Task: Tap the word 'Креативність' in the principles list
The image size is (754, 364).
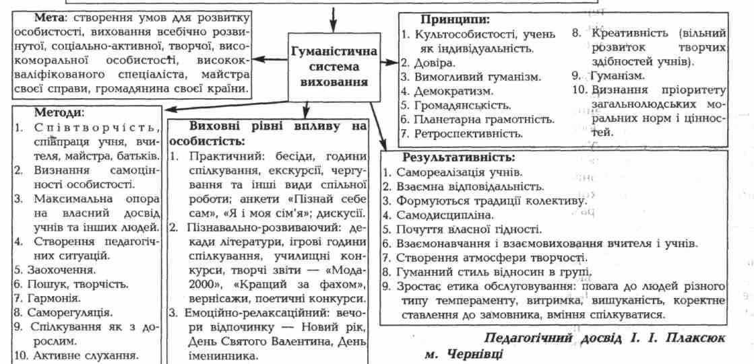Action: click(x=626, y=33)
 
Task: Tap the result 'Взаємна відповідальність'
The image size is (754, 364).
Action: click(x=465, y=186)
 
